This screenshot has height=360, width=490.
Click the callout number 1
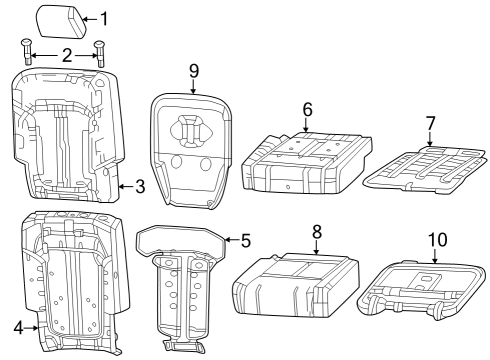coord(104,18)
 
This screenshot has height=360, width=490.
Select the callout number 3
coord(140,185)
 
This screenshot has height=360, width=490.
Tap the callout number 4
coord(18,327)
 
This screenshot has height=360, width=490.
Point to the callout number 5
coord(246,240)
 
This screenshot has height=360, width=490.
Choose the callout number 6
coord(307,108)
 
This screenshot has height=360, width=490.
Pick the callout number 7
coord(430,123)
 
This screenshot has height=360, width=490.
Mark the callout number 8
coord(316,231)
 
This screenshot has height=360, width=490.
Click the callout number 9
coord(193,70)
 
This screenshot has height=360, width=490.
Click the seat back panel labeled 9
coord(192,150)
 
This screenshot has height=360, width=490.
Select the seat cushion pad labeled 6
coord(300,160)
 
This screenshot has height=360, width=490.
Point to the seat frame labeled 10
coord(420,290)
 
